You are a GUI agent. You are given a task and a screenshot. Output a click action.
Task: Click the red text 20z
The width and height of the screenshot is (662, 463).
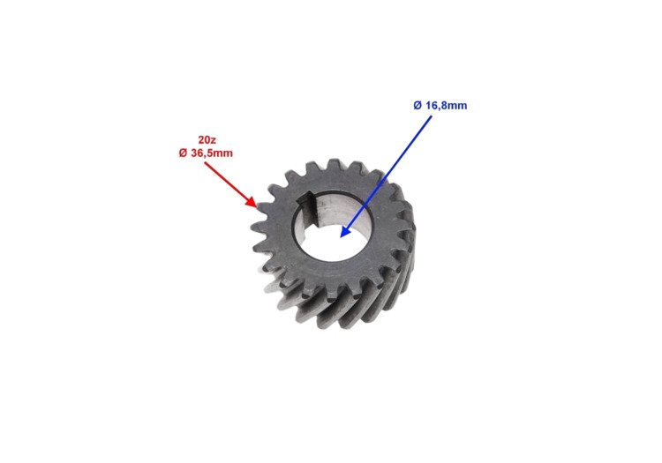coord(207,139)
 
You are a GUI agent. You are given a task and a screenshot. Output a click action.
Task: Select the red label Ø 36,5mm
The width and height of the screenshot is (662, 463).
coord(206,153)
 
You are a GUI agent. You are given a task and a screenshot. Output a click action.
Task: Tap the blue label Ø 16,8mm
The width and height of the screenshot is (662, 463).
coord(440,106)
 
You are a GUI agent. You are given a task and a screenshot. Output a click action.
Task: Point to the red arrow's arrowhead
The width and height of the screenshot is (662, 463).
coord(252,202)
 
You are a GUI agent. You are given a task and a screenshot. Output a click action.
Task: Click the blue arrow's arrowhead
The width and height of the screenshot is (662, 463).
coord(345,231)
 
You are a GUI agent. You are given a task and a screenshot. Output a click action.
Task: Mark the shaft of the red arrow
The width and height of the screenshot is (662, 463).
coord(228,183)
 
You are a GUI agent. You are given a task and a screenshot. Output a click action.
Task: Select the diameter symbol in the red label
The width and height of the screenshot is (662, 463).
coord(183,153)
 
